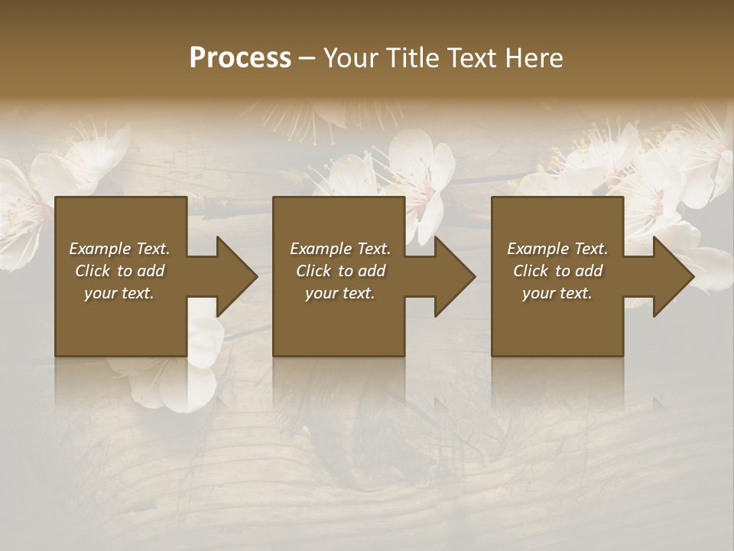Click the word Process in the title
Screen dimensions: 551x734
click(x=240, y=58)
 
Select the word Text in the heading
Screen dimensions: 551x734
click(x=473, y=58)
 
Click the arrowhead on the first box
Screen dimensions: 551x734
click(x=233, y=276)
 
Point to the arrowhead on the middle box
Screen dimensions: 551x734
click(x=452, y=276)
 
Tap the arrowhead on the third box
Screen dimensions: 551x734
click(x=671, y=276)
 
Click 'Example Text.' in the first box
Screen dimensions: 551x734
click(x=119, y=249)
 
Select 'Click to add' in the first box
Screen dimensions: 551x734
click(x=119, y=271)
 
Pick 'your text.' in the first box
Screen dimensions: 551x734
click(x=119, y=293)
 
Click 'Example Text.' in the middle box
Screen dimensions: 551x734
click(x=340, y=249)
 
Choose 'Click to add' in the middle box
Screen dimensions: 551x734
click(x=340, y=271)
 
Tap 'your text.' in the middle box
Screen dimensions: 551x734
click(x=340, y=293)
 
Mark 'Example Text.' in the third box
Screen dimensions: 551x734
click(x=557, y=249)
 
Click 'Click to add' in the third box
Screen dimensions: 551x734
click(x=557, y=271)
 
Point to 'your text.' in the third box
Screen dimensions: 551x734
click(x=557, y=293)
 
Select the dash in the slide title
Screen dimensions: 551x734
click(x=307, y=58)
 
